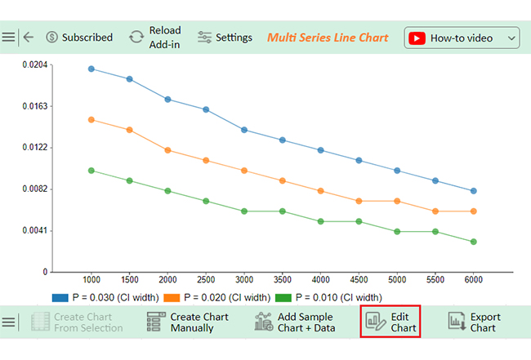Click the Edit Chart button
(x=390, y=322)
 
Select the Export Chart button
(x=474, y=322)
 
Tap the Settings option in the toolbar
(x=225, y=38)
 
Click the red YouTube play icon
(x=417, y=38)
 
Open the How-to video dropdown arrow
(x=511, y=38)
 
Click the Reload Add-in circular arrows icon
(x=136, y=37)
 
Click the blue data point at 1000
(x=91, y=69)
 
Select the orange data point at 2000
(x=167, y=150)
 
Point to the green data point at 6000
(x=474, y=242)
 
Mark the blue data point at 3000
(x=244, y=130)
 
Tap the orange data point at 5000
(x=397, y=201)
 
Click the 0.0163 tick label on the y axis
(x=35, y=106)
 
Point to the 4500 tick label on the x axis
(x=359, y=280)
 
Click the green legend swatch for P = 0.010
(x=283, y=298)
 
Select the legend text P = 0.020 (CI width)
(x=227, y=298)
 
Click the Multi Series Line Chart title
(x=328, y=38)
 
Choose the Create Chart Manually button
(x=188, y=322)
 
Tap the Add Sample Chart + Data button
(x=295, y=322)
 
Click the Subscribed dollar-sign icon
(x=51, y=37)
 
